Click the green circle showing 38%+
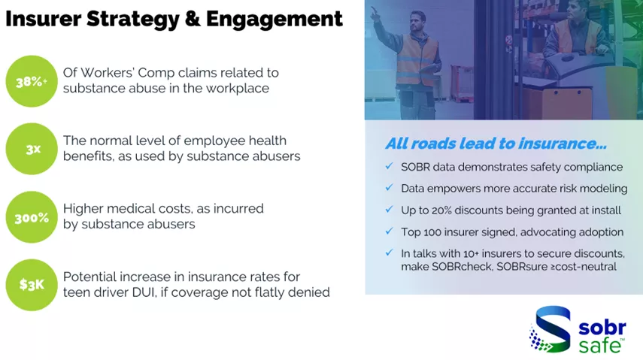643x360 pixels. pyautogui.click(x=32, y=81)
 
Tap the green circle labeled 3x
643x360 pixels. pyautogui.click(x=32, y=149)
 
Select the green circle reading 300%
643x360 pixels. pyautogui.click(x=32, y=217)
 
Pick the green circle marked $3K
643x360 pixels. pyautogui.click(x=32, y=285)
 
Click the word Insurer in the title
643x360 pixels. pyautogui.click(x=43, y=19)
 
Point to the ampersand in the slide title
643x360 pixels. pyautogui.click(x=193, y=19)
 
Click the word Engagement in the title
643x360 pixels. pyautogui.click(x=274, y=20)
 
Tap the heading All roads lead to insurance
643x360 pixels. pyautogui.click(x=496, y=144)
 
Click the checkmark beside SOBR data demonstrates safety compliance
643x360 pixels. pyautogui.click(x=389, y=166)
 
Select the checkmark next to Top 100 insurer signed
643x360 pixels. pyautogui.click(x=389, y=231)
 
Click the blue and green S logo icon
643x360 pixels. pyautogui.click(x=550, y=329)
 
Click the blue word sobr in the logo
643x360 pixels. pyautogui.click(x=602, y=328)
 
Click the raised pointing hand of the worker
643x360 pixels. pyautogui.click(x=375, y=12)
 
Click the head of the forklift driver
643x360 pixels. pyautogui.click(x=581, y=11)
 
